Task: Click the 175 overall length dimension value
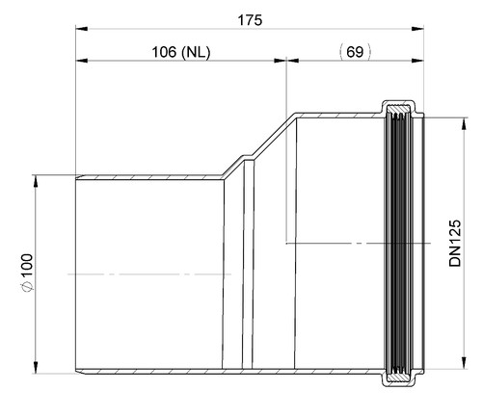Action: coord(250,20)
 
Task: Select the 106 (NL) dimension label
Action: coord(181,52)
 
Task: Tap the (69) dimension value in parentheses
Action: coord(355,52)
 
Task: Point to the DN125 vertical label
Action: coord(455,243)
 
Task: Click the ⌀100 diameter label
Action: coord(27,273)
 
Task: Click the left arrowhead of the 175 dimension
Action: coord(81,29)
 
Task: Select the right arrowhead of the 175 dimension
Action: coord(417,29)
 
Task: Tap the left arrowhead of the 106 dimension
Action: coord(81,61)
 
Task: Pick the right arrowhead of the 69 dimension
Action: coord(417,61)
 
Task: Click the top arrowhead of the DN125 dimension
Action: coord(464,124)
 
